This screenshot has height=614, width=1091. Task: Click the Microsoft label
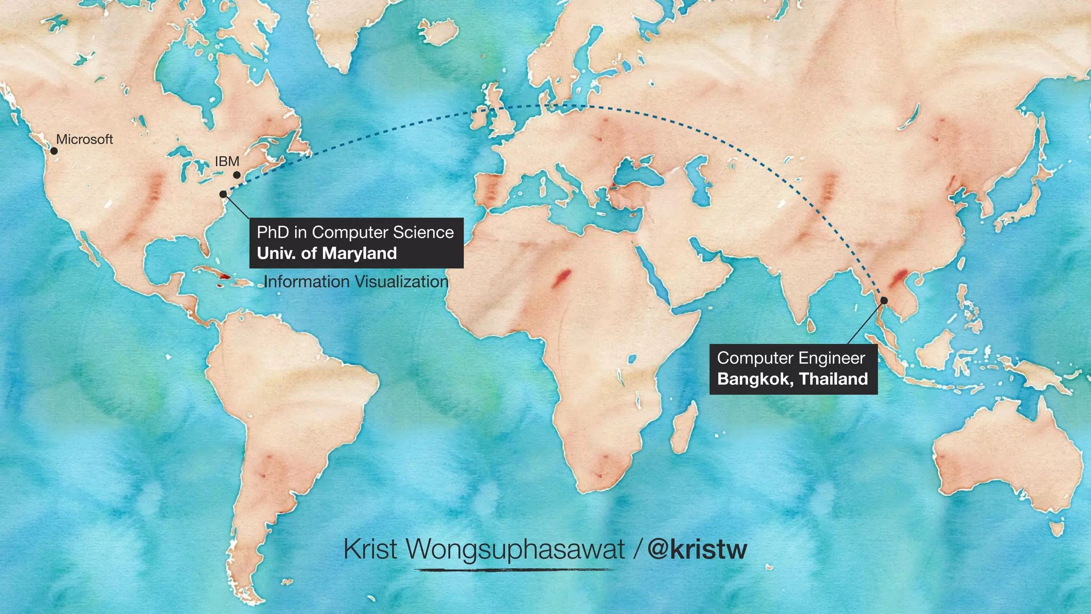point(85,139)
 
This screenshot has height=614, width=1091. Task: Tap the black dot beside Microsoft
point(54,151)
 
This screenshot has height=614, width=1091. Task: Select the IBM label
point(227,161)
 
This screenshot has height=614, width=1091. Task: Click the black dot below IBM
point(237,175)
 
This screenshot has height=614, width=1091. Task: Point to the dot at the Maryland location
point(223,194)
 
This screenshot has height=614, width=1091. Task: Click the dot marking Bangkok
point(884,301)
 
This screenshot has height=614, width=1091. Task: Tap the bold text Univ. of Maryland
point(327,253)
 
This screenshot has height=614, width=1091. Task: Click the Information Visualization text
point(356,281)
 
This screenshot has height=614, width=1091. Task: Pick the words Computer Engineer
point(791,358)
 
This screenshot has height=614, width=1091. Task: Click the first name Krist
point(370,549)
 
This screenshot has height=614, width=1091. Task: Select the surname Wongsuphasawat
point(515,549)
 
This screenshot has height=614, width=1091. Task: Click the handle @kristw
point(697,549)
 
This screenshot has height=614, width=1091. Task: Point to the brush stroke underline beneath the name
point(515,570)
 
